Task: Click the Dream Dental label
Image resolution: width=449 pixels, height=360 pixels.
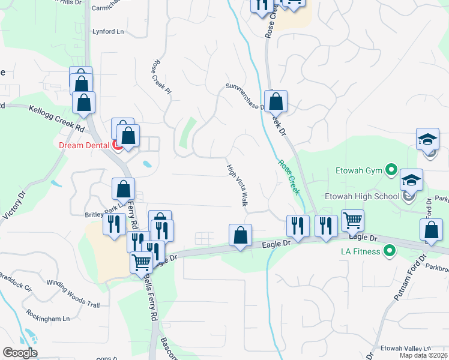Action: coord(83,145)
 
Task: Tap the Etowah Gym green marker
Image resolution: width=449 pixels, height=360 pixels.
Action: coord(391,171)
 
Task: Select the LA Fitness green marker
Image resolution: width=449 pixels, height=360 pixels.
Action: coord(390,251)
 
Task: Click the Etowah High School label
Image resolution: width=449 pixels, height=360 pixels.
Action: coord(370,196)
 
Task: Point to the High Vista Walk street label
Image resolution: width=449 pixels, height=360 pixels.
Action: coord(238,185)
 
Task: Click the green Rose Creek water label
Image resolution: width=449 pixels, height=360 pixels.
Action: coord(288,176)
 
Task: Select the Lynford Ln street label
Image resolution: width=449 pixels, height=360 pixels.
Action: coord(108,31)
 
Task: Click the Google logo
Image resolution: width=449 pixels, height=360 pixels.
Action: coord(20,353)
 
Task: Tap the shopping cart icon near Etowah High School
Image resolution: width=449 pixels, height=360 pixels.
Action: coord(352,220)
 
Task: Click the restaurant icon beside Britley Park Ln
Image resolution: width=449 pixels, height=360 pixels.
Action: coord(113,224)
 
